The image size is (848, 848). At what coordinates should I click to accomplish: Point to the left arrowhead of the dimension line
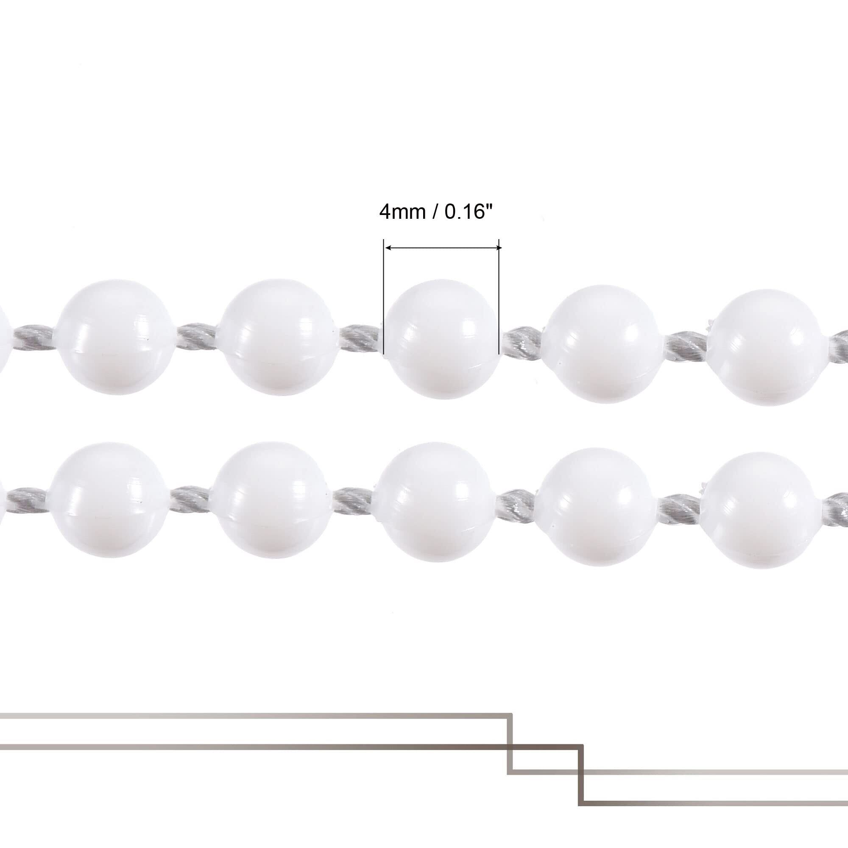click(388, 248)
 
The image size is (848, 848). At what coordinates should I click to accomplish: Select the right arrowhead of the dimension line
click(497, 248)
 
